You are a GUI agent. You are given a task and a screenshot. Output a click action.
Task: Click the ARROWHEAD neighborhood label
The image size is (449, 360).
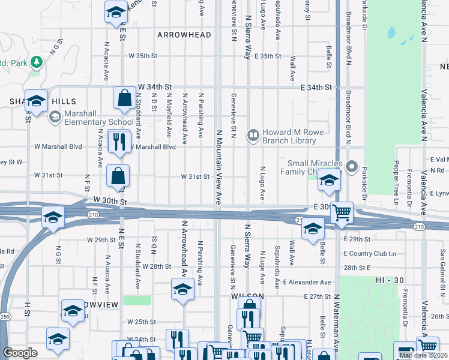point(184,35)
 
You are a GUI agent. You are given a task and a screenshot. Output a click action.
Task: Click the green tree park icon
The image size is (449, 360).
point(37,62)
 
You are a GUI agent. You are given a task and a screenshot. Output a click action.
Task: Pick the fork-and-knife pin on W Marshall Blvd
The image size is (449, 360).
point(118,142)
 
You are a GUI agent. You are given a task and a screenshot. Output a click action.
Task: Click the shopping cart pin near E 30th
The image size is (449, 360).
point(342,212)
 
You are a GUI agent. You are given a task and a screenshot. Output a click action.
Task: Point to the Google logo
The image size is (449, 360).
point(20,353)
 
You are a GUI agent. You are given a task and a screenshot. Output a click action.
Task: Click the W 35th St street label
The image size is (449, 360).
point(142,56)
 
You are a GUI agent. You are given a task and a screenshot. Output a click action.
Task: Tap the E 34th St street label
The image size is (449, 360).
point(316,88)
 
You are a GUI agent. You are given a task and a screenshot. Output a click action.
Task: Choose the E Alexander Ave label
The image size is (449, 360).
point(307,282)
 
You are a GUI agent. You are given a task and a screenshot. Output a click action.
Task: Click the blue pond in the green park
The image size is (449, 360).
point(394,34)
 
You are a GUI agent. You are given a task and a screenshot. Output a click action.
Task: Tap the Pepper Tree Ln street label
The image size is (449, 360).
point(396,176)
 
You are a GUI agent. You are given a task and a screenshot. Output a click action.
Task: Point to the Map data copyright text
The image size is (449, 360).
point(423,355)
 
